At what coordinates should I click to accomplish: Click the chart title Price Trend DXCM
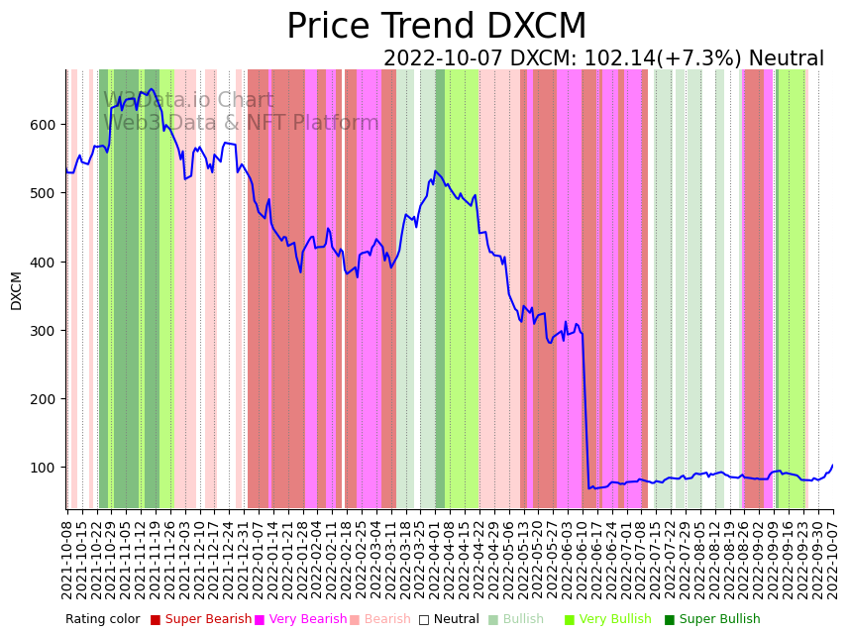point(436,27)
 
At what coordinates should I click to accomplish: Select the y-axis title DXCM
point(16,290)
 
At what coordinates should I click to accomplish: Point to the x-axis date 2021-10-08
point(67,555)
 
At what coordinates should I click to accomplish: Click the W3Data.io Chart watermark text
point(188,100)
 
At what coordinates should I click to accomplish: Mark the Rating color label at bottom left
point(103,620)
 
